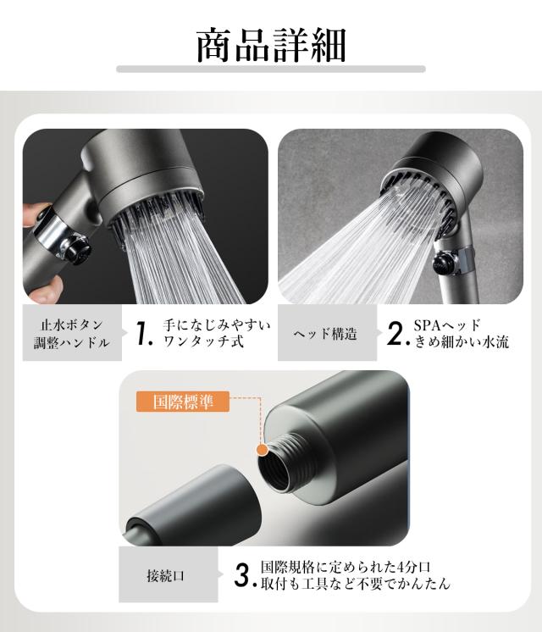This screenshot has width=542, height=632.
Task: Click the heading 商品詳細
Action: tap(271, 45)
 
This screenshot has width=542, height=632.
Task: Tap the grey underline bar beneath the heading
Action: tap(271, 69)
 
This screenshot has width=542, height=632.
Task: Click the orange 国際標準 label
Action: tap(183, 402)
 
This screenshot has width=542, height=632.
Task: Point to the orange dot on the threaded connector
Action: tap(263, 450)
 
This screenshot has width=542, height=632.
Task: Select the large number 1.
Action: tap(143, 333)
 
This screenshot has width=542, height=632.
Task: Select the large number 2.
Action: tap(397, 333)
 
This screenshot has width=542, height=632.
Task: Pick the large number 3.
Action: tap(244, 575)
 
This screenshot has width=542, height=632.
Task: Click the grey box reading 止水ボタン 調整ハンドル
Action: tap(72, 333)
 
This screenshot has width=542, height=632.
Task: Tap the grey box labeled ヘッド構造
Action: tap(327, 333)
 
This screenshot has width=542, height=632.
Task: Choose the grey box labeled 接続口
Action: tap(169, 574)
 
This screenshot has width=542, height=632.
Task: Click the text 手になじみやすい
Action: tap(217, 324)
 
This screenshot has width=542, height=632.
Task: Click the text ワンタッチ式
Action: tap(203, 341)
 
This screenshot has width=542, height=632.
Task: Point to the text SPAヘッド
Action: tap(447, 324)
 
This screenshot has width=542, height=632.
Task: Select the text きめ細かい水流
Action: tap(462, 341)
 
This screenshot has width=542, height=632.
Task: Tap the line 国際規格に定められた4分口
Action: tap(346, 567)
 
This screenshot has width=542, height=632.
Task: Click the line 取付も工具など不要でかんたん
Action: tap(355, 584)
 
